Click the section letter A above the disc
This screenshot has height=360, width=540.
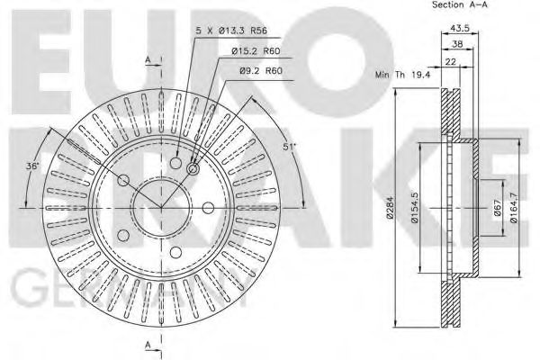tap(147, 59)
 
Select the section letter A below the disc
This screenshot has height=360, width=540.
tap(147, 346)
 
